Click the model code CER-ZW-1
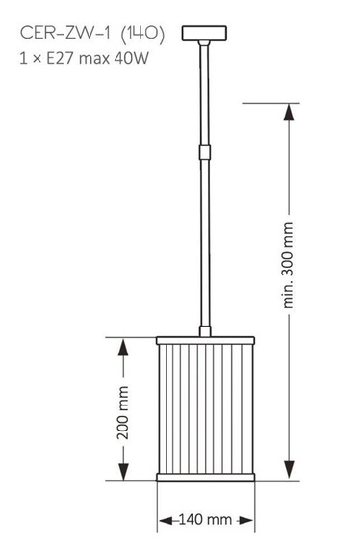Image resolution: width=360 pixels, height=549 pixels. pos(64,34)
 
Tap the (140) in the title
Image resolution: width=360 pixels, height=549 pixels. pos(142,34)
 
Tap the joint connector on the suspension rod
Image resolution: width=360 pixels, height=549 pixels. pos(204,150)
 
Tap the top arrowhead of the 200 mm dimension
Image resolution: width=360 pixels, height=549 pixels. pos(123,344)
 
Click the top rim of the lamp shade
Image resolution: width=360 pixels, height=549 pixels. pos(205,338)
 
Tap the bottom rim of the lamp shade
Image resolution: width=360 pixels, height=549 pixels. pos(205,477)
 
